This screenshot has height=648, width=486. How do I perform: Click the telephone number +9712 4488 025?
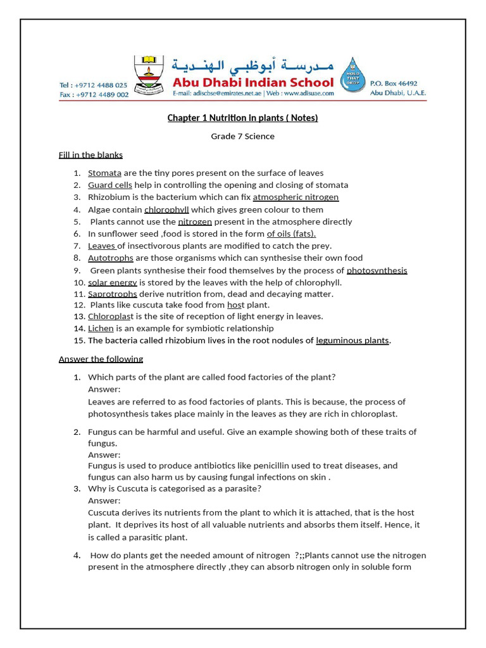pyautogui.click(x=93, y=85)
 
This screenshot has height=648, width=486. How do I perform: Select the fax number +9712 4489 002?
pyautogui.click(x=94, y=94)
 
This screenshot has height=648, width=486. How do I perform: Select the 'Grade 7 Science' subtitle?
pyautogui.click(x=242, y=136)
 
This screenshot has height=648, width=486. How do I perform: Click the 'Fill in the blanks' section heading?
pyautogui.click(x=90, y=154)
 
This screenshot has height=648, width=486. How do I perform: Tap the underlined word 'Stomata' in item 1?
pyautogui.click(x=104, y=173)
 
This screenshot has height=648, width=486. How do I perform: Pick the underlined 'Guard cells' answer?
pyautogui.click(x=110, y=185)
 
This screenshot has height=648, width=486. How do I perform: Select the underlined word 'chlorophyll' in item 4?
pyautogui.click(x=166, y=209)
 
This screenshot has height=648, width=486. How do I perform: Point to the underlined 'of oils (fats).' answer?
pyautogui.click(x=291, y=234)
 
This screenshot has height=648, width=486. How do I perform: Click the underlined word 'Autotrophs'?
pyautogui.click(x=111, y=258)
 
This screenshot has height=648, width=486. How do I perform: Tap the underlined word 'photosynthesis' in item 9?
pyautogui.click(x=377, y=270)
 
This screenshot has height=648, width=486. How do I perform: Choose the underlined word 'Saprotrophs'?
pyautogui.click(x=112, y=294)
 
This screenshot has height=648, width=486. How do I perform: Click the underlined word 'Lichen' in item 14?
pyautogui.click(x=101, y=328)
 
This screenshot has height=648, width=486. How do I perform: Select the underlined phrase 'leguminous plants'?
pyautogui.click(x=352, y=340)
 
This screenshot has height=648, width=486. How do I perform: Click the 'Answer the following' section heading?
pyautogui.click(x=101, y=359)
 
